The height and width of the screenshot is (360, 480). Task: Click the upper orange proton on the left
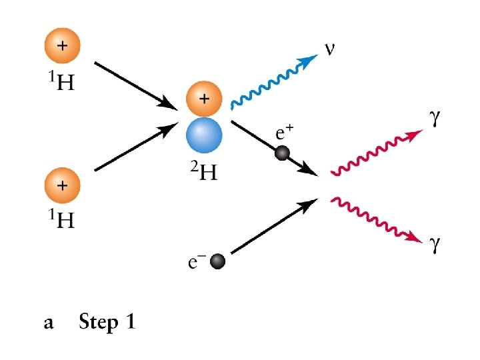[62, 47]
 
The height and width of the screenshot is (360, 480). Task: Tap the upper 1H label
[61, 84]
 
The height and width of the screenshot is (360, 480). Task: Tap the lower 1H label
[61, 221]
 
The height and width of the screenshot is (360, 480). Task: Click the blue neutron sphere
[204, 135]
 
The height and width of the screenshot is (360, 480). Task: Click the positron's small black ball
[283, 154]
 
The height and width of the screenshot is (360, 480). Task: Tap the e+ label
[284, 133]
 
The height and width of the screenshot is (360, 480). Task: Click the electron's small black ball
[217, 263]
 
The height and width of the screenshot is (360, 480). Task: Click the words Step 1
[107, 323]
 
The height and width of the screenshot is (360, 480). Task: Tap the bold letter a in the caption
[48, 325]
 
